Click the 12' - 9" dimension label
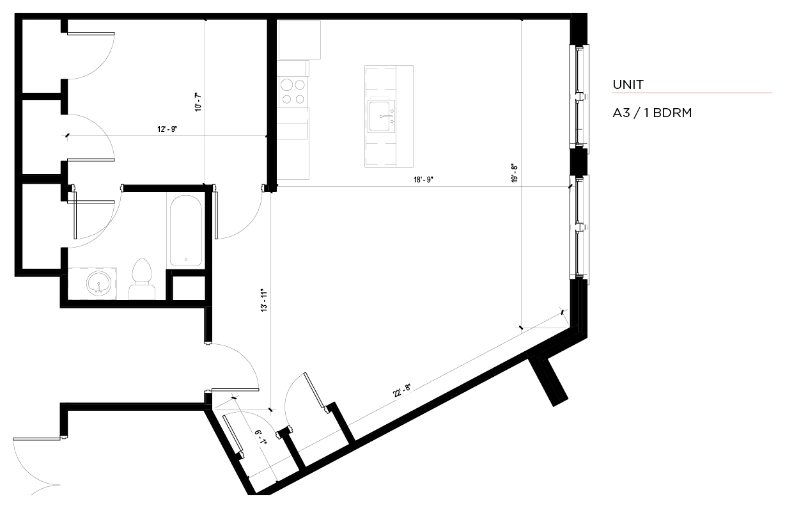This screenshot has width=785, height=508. tap(167, 129)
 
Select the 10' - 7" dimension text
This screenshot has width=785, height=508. tap(198, 102)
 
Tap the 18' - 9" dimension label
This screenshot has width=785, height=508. tap(423, 180)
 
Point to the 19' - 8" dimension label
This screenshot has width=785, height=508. tap(515, 173)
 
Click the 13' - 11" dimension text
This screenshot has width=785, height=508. tap(264, 301)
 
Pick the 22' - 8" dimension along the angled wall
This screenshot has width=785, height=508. tap(402, 390)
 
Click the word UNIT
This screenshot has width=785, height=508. tap(628, 84)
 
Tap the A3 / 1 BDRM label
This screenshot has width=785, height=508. tap(652, 113)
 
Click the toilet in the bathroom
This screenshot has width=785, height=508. tap(142, 279)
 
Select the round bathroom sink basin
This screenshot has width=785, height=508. tap(99, 283)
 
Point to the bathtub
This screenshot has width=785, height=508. tap(186, 230)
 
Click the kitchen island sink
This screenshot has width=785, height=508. tap(381, 116)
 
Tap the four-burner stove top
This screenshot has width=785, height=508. tap(293, 92)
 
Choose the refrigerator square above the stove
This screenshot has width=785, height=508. tap(300, 40)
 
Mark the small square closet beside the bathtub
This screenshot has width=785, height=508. tap(189, 288)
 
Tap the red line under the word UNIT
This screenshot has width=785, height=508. tap(692, 93)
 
